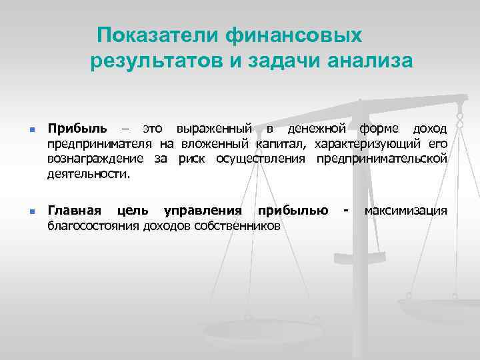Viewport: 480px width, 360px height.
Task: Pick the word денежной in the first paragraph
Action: [310, 127]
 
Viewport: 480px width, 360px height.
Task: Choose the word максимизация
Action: [405, 211]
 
